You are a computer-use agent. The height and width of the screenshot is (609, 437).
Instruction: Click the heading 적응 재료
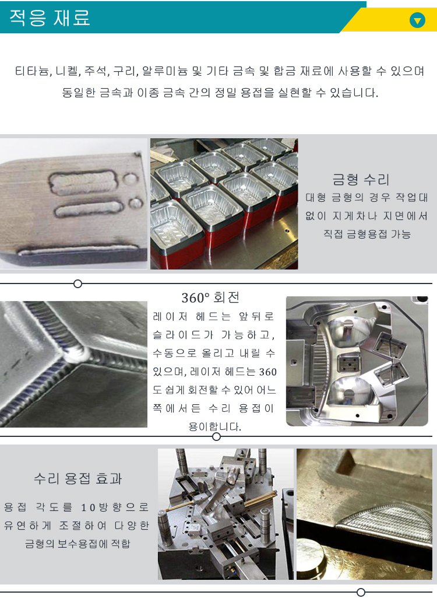(50, 17)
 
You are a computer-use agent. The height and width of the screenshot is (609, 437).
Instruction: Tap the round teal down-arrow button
(417, 20)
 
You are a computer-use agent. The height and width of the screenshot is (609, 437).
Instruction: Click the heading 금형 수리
(361, 180)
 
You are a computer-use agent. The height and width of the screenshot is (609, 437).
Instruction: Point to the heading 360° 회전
(210, 298)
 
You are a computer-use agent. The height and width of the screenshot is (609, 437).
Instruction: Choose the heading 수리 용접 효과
(78, 478)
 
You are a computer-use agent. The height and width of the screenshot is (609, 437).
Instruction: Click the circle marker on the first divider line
(77, 284)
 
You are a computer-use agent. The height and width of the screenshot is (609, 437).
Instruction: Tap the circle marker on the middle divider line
(217, 437)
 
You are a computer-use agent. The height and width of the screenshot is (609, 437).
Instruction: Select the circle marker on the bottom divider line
(361, 592)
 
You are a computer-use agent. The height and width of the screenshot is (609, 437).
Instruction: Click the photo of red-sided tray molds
(224, 204)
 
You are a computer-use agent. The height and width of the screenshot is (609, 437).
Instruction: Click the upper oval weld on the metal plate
(82, 182)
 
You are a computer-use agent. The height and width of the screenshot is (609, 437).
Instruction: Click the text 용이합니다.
(214, 427)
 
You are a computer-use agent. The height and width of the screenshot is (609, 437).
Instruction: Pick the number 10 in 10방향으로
(88, 508)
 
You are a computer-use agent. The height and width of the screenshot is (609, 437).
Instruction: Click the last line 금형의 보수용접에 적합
(77, 544)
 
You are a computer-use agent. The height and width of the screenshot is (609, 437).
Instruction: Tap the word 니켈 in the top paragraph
(66, 71)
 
